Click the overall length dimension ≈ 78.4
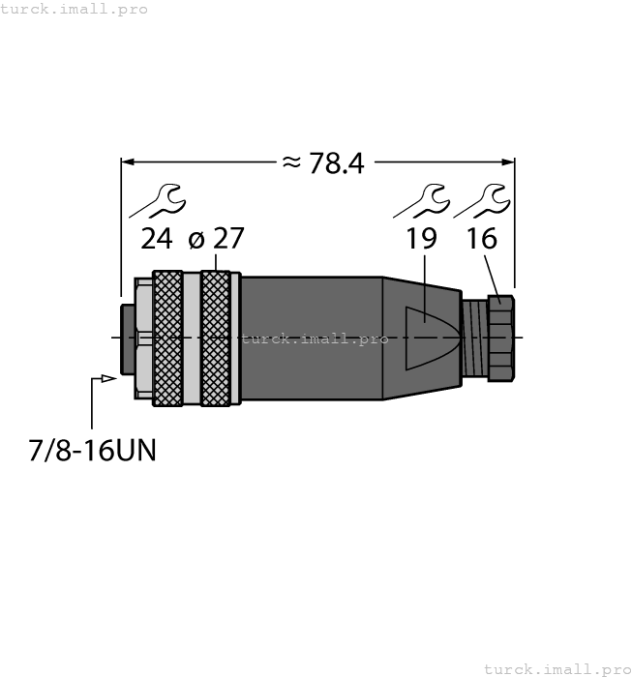[322, 163]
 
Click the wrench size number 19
[421, 238]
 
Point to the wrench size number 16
[482, 238]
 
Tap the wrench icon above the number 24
[157, 199]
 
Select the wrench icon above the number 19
[421, 199]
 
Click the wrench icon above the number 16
[481, 199]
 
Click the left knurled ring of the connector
[167, 337]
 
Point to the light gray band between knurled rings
[191, 337]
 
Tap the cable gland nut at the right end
[498, 338]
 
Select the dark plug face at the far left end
[127, 338]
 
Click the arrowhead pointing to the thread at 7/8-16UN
[110, 378]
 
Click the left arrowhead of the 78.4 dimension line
[127, 162]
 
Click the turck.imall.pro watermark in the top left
[75, 9]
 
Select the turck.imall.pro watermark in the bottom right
[557, 668]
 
